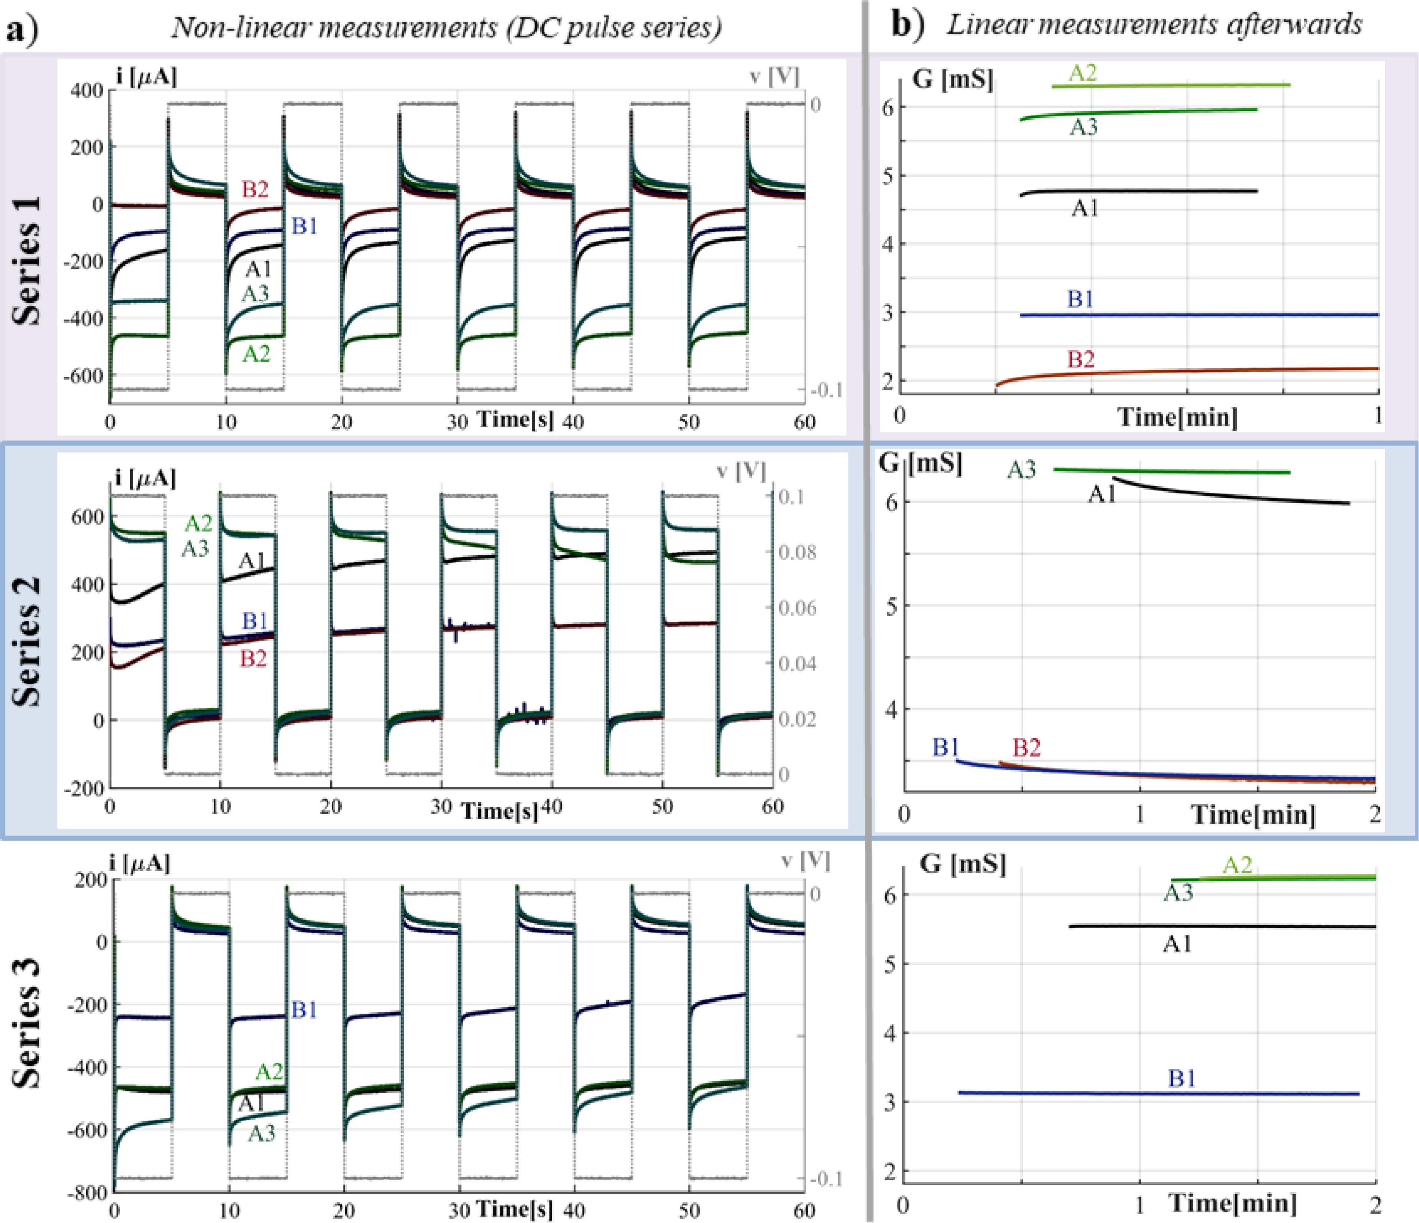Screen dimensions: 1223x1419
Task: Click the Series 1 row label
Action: [x=27, y=260]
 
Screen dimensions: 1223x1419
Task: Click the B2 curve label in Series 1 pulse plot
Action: [x=255, y=190]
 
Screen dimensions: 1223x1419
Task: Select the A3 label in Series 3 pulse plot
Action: [x=261, y=1134]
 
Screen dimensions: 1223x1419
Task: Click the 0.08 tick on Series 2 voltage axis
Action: [x=797, y=552]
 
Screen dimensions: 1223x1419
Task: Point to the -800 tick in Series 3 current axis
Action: [x=88, y=1193]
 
